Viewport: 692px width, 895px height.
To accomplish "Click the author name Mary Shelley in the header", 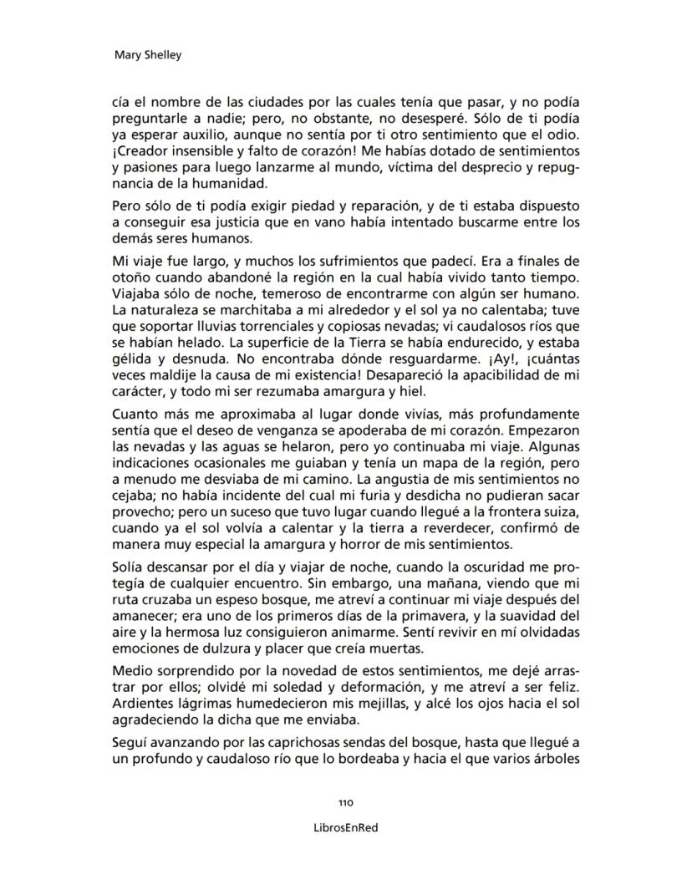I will click(x=147, y=55).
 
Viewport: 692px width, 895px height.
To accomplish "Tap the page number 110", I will click(x=345, y=802).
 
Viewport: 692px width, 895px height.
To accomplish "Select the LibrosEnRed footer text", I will click(x=345, y=827).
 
